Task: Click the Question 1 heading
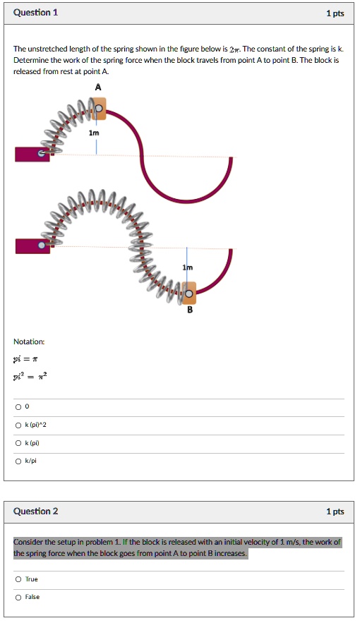[36, 13]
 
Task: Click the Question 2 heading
[36, 511]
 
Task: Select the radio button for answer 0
[18, 406]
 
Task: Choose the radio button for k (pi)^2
[18, 425]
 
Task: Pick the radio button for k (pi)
[18, 443]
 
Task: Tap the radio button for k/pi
[18, 461]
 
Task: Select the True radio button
[18, 579]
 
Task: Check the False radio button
[18, 597]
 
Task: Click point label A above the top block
[98, 87]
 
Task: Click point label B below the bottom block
[189, 310]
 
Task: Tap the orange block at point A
[100, 108]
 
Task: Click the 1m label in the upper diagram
[94, 133]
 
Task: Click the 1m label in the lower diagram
[186, 268]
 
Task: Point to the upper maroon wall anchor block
[32, 154]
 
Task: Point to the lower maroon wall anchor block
[32, 246]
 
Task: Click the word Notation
[29, 341]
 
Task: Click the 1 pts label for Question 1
[335, 13]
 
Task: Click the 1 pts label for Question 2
[335, 512]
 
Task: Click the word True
[32, 579]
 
